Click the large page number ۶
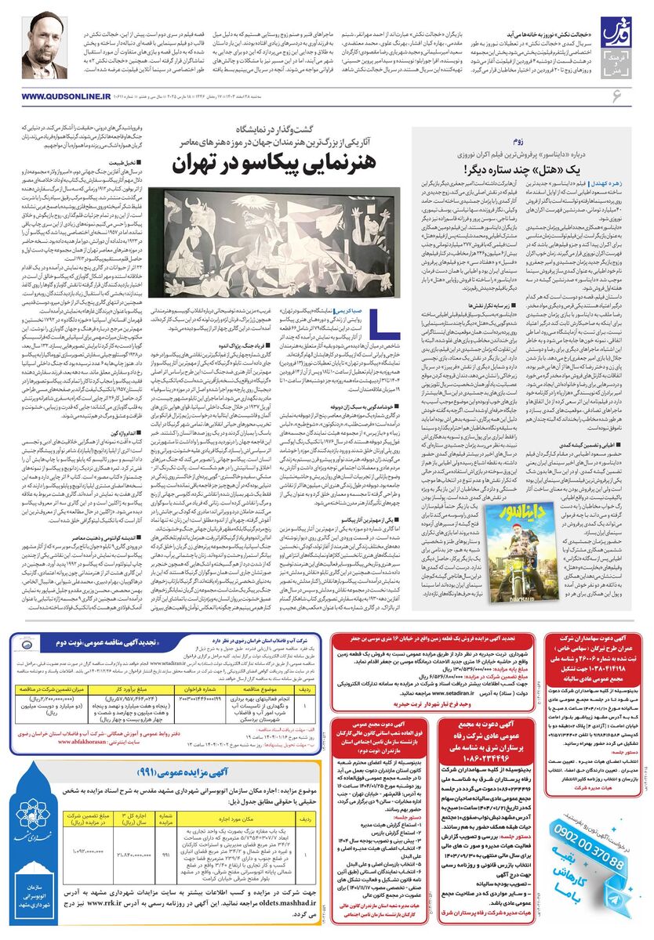[x=616, y=95]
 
